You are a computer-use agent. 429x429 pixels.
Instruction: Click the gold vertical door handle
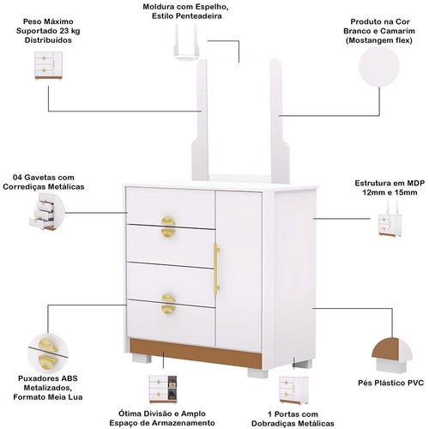pos(216,269)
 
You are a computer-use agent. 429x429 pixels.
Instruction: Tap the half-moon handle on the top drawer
pos(168,227)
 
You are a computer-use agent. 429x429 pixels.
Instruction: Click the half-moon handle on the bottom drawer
pos(168,304)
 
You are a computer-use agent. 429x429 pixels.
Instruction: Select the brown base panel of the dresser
pos(196,353)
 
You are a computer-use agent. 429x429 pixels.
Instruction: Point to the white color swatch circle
pos(379,66)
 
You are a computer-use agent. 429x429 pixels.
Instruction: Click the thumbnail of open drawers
pos(45,212)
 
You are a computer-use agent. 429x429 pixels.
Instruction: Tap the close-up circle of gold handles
pos(48,353)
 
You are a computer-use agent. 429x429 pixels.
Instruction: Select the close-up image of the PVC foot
pos(392,355)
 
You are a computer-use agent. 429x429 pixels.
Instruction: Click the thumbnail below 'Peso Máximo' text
pos(48,65)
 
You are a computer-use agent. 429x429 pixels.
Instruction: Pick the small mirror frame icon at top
pos(186,42)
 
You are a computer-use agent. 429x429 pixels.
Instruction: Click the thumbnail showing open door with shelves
pos(163,390)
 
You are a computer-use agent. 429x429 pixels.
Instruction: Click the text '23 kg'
pos(70,31)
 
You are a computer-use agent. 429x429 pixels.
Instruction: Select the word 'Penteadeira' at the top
pos(198,16)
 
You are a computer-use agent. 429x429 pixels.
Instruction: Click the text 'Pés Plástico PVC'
pos(390,383)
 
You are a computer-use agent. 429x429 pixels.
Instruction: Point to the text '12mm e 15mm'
pos(390,192)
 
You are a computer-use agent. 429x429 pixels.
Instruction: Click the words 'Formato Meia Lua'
pos(48,397)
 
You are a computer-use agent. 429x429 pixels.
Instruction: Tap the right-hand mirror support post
pos(279,122)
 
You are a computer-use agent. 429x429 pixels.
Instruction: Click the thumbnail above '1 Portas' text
pos(294,390)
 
